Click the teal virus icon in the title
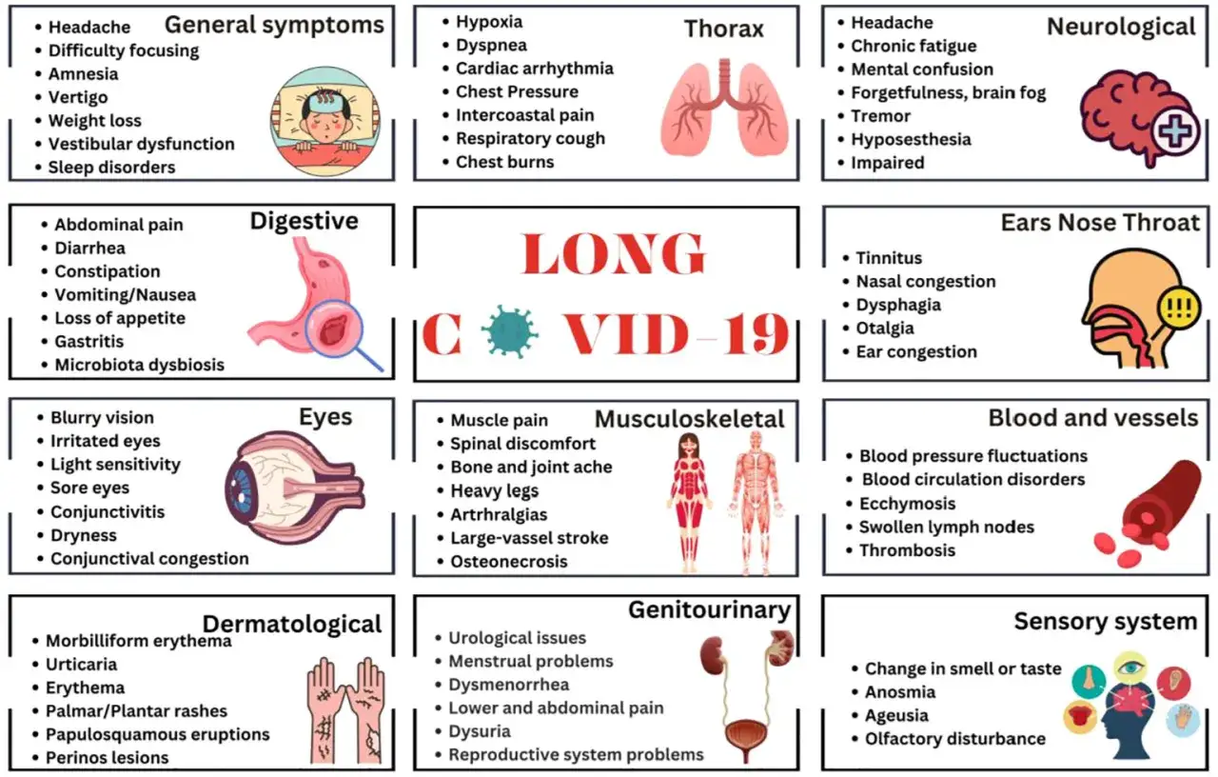click(509, 330)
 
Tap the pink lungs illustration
click(724, 108)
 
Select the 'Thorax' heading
click(724, 29)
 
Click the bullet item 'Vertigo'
click(78, 97)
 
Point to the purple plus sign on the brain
click(1175, 131)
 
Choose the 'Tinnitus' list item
click(889, 258)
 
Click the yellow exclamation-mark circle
click(1179, 309)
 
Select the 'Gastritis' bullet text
click(89, 342)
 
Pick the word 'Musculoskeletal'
click(690, 420)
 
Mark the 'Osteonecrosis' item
click(509, 562)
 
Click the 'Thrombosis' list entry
click(907, 550)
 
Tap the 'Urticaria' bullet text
click(82, 665)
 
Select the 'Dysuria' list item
click(480, 732)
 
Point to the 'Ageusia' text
click(896, 715)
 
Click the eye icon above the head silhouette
click(1130, 667)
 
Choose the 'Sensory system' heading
click(1106, 622)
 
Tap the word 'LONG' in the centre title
click(614, 253)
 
